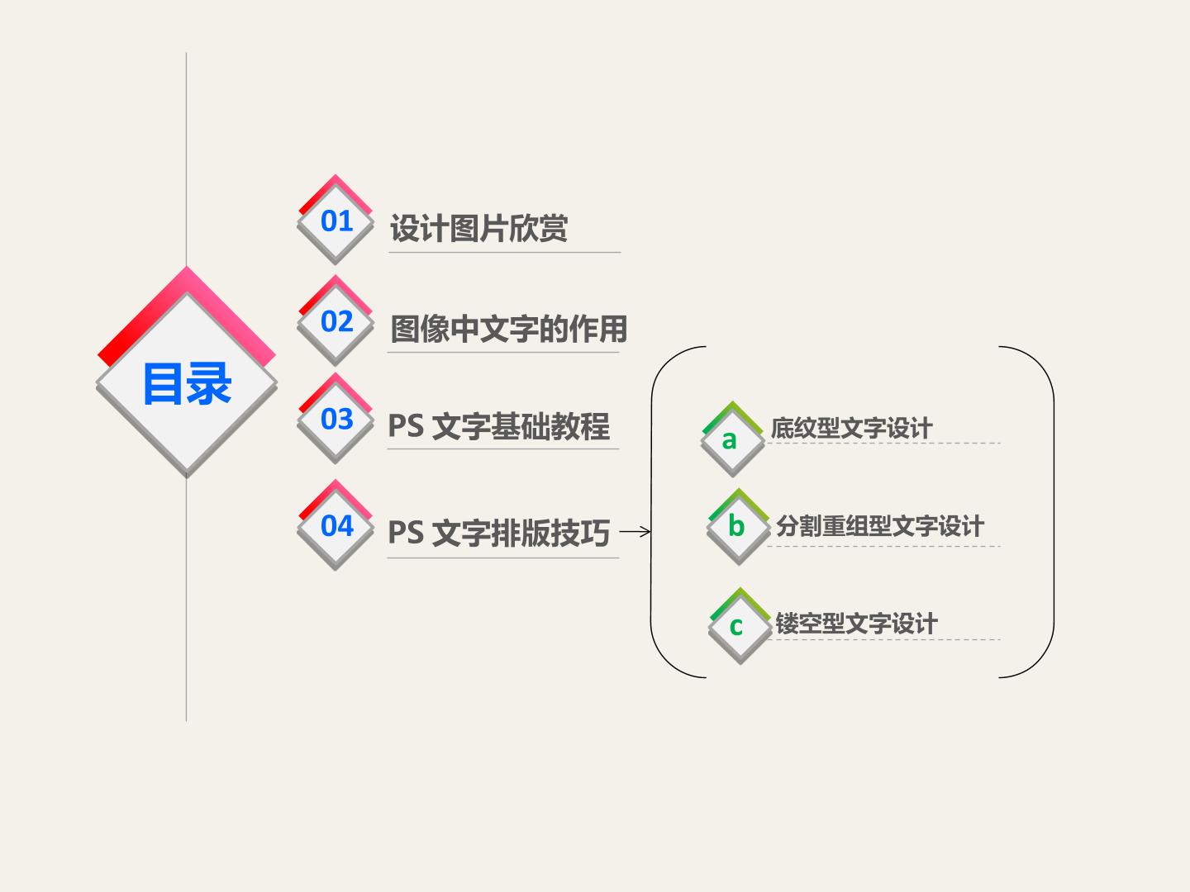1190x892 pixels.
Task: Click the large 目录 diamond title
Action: (187, 372)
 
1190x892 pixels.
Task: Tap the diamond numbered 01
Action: (336, 220)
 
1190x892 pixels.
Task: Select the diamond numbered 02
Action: (336, 320)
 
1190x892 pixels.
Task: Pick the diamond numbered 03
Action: (336, 418)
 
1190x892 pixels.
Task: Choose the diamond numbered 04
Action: (336, 524)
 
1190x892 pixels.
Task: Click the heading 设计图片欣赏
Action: (478, 228)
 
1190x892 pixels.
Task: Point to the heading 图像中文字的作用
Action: (508, 329)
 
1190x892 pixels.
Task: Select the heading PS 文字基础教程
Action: (499, 426)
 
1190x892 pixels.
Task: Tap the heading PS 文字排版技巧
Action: (499, 533)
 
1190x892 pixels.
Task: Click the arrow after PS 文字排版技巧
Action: (635, 532)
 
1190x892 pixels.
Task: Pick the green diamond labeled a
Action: (732, 439)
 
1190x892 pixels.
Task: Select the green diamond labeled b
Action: (739, 527)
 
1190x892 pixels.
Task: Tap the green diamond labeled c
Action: (740, 626)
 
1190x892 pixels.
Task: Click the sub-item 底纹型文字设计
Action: (852, 428)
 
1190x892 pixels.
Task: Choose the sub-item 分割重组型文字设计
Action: (880, 526)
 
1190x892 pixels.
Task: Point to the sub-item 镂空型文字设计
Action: (856, 624)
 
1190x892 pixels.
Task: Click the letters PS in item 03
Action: (406, 426)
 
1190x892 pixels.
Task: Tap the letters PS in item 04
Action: (406, 533)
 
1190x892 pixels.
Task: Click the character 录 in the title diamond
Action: (209, 384)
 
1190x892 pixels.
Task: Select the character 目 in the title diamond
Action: (162, 384)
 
